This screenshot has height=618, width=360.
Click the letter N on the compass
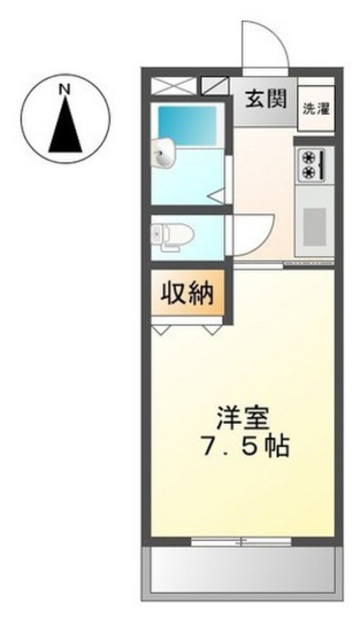(65, 89)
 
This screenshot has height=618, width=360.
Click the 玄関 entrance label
(265, 98)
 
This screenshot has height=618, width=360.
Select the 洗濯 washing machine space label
(316, 109)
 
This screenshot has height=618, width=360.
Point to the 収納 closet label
(187, 293)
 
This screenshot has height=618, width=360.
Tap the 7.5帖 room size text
(246, 445)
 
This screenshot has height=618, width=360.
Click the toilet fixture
(172, 237)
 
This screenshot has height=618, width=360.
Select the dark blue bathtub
(187, 126)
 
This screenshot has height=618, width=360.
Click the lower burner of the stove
(308, 172)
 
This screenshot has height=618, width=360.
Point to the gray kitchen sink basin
(315, 221)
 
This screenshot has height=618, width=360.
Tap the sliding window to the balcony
(241, 542)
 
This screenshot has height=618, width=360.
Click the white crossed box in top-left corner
(174, 86)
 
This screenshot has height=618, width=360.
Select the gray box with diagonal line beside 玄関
(215, 86)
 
